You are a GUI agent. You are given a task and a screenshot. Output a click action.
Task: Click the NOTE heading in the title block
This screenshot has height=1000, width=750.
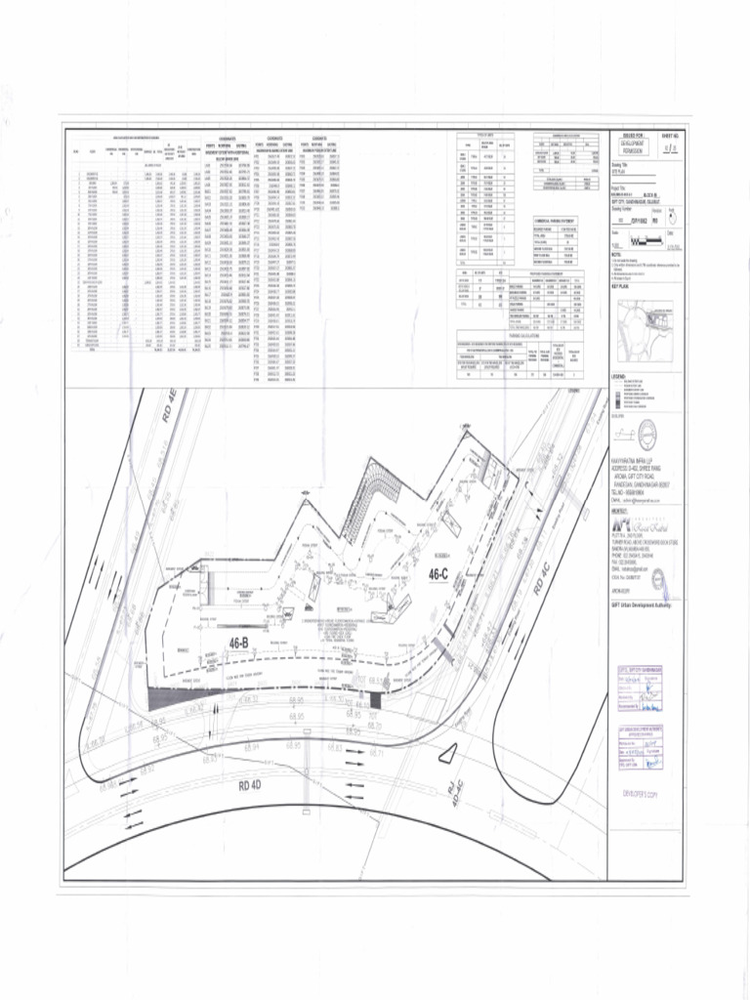click(x=616, y=256)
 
